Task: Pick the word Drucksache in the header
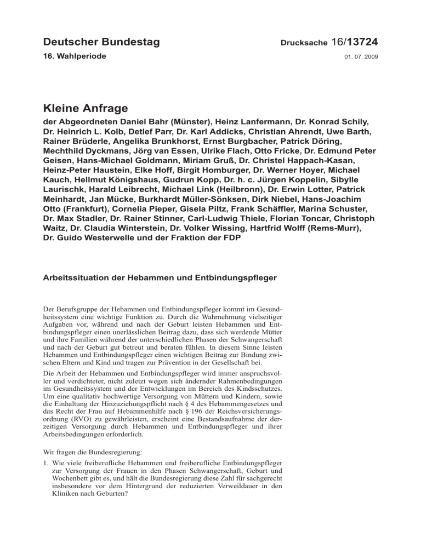[x=304, y=43]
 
